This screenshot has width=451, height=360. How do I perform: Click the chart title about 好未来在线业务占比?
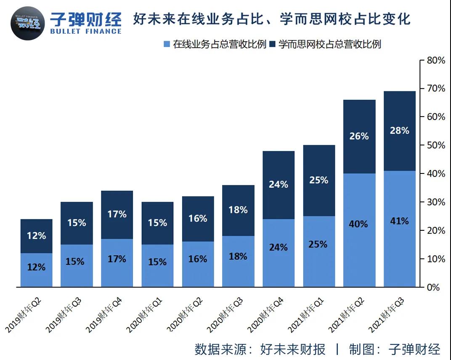(271, 19)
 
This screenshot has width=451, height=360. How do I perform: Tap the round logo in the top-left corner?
(27, 23)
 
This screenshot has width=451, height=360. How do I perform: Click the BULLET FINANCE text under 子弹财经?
(85, 31)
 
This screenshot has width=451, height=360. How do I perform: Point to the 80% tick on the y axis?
(435, 60)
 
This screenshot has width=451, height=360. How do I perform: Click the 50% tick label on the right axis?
(435, 145)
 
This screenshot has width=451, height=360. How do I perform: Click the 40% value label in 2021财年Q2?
(359, 224)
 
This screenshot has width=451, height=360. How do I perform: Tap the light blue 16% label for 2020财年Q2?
(197, 259)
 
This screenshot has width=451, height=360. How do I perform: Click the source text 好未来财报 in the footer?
(293, 349)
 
